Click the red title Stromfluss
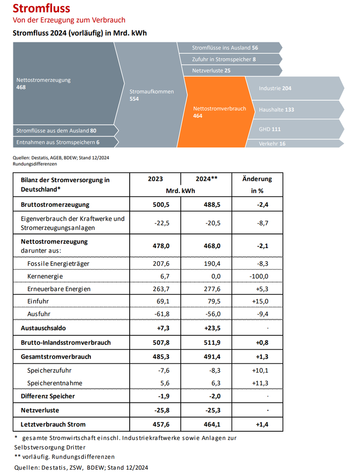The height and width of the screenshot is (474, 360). pyautogui.click(x=41, y=8)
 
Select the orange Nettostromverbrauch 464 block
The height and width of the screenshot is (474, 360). pyautogui.click(x=219, y=112)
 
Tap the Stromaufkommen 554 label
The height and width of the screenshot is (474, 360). pyautogui.click(x=151, y=95)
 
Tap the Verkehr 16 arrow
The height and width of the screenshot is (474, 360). pyautogui.click(x=292, y=144)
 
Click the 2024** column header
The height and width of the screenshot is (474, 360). pyautogui.click(x=207, y=179)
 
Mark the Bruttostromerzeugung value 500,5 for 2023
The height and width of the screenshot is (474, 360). pyautogui.click(x=156, y=205)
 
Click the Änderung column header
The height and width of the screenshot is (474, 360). pyautogui.click(x=257, y=179)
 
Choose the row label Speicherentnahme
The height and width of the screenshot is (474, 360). pyautogui.click(x=55, y=383)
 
